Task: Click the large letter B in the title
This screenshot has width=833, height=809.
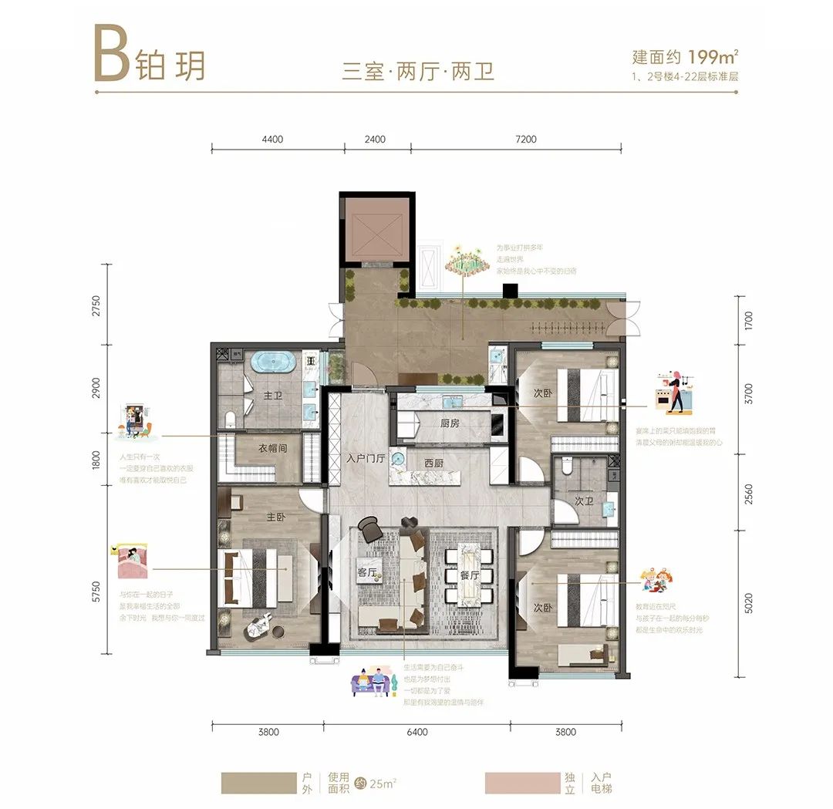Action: pos(111,53)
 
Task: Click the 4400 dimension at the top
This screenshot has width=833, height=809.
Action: pos(273,140)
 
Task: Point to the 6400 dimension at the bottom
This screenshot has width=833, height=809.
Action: pos(416,732)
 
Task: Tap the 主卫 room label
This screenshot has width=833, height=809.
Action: pos(273,396)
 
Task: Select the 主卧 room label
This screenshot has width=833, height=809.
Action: pos(276,517)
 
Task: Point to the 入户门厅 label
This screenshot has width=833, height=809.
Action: pos(366,458)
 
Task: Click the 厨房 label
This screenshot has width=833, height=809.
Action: pos(450,423)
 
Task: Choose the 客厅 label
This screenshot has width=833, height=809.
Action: pos(366,573)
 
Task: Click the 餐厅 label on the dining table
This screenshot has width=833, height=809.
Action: pos(470,575)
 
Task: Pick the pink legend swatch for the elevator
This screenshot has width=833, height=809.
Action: pos(522,783)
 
